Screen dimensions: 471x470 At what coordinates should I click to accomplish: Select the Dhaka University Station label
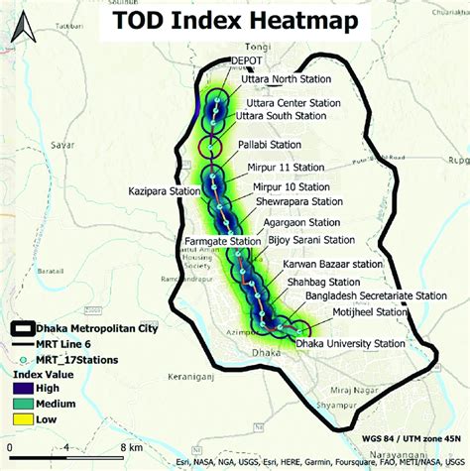pos(351,343)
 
